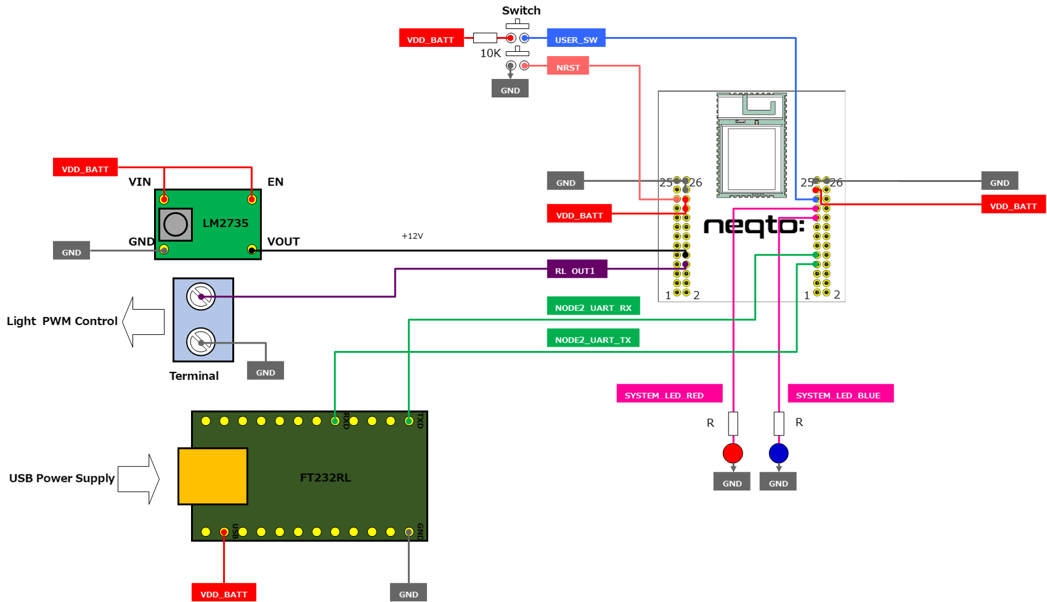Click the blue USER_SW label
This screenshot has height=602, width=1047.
tap(576, 38)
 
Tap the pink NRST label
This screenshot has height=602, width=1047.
tap(568, 66)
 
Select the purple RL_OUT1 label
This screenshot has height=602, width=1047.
tap(577, 270)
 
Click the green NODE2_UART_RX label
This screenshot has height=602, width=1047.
tap(593, 307)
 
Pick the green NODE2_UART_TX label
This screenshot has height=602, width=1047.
tap(593, 339)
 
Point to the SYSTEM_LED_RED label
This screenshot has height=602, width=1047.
tap(669, 394)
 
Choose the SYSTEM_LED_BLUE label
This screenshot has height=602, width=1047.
tap(840, 394)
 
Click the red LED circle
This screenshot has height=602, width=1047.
tap(733, 453)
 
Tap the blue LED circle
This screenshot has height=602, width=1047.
tap(779, 453)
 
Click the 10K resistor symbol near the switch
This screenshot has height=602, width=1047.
tap(485, 38)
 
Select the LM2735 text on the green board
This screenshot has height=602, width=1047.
tap(226, 223)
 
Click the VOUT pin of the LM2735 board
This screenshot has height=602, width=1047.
tap(251, 250)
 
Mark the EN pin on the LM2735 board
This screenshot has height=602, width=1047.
tap(251, 199)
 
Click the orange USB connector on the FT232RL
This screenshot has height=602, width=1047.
tap(213, 476)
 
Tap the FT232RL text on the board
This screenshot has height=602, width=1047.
tap(325, 477)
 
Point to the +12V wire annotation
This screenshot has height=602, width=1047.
tap(412, 236)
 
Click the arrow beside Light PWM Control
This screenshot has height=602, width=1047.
tap(144, 321)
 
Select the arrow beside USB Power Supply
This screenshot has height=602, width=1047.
tap(139, 479)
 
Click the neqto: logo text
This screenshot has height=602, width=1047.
tap(754, 226)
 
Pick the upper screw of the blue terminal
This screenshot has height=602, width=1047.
tap(201, 297)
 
